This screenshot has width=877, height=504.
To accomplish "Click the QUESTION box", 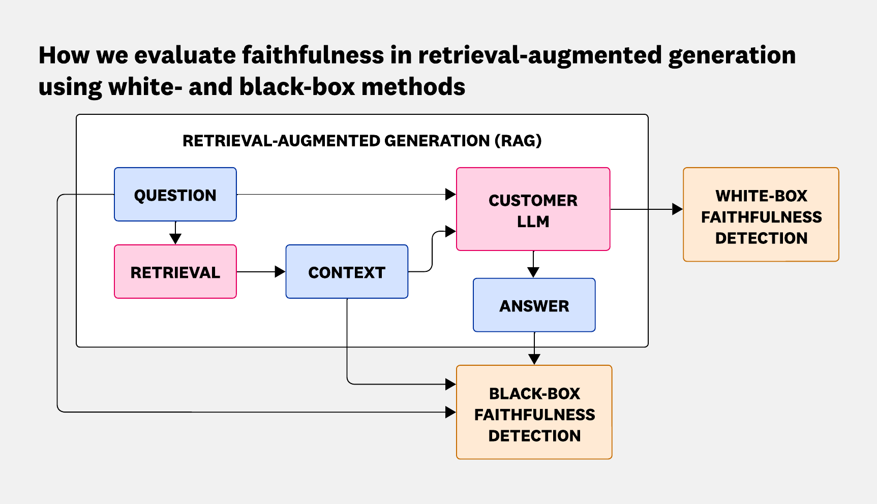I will [x=175, y=195].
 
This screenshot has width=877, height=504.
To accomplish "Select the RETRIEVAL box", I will [x=175, y=272].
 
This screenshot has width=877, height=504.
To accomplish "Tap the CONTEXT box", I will [x=347, y=272].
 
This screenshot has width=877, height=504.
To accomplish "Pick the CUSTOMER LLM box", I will [x=533, y=209].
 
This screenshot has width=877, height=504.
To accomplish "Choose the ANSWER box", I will [x=534, y=305].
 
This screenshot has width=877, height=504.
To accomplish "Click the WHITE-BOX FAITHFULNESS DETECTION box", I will [x=761, y=215].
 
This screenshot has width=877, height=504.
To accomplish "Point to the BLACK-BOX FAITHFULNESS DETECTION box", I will [x=534, y=413].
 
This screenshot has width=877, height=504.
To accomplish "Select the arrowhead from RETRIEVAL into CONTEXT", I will [x=280, y=272].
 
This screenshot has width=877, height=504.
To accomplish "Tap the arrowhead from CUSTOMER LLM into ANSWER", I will [x=533, y=272].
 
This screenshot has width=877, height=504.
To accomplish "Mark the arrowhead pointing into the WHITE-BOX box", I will [x=677, y=209].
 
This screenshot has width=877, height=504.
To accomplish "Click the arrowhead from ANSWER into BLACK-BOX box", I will [x=534, y=359].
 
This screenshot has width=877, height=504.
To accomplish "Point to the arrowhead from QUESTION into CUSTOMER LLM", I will [x=450, y=194].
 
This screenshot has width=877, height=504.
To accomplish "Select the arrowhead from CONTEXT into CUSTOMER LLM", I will [x=450, y=232].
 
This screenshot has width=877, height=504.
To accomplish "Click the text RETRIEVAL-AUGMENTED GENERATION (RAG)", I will [x=362, y=141].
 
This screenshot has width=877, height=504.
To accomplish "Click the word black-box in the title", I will [x=297, y=87].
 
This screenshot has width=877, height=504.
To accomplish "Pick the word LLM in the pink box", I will [x=533, y=222].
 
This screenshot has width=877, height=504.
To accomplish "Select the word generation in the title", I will [x=732, y=55].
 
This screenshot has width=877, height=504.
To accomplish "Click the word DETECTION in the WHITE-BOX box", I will [x=761, y=238].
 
